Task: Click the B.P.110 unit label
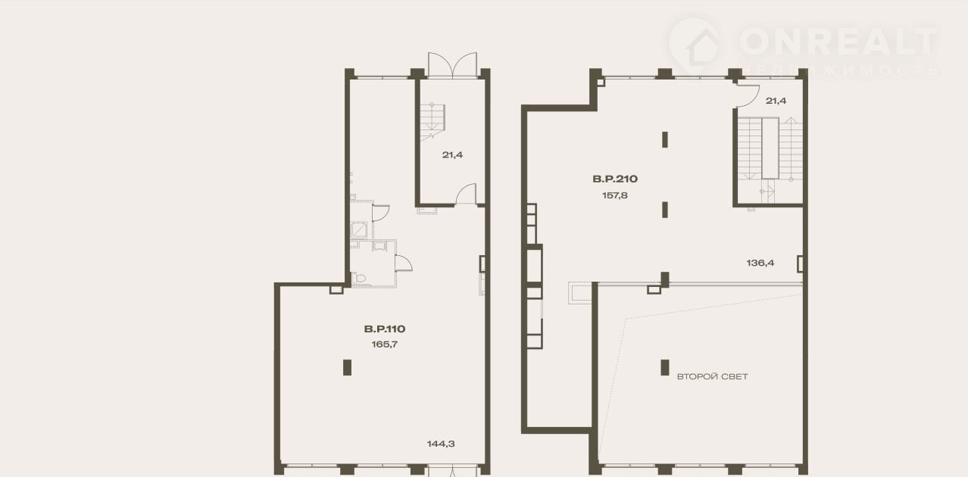385,329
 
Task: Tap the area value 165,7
385,344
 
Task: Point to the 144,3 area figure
441,444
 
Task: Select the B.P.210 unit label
615,179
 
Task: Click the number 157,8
615,195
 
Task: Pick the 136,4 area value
760,263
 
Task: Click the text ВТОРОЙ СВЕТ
712,377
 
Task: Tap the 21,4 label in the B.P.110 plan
452,154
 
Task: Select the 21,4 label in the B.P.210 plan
776,101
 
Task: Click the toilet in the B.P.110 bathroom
359,278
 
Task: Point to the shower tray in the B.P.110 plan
359,230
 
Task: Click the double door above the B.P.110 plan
452,65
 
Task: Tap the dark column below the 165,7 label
347,367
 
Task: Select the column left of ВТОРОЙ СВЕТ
665,367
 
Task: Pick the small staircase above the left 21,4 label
432,121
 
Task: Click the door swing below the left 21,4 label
467,194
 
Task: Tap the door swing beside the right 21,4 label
748,95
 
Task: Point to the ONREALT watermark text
838,42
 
